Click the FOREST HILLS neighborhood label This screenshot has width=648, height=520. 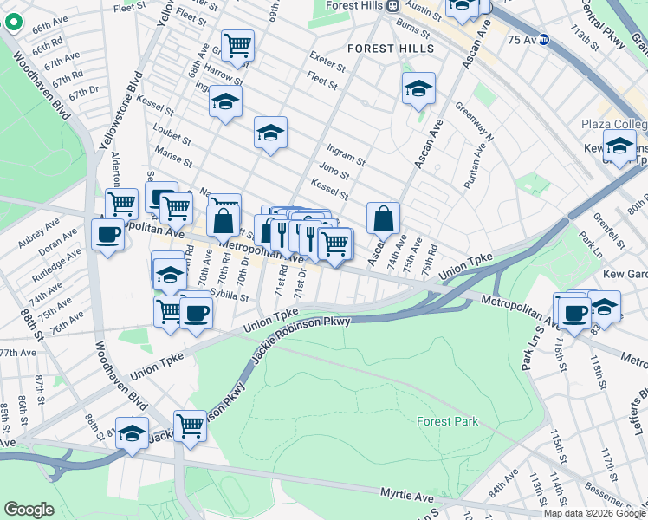(391, 49)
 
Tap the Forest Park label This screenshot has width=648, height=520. (447, 422)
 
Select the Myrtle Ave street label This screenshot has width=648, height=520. (407, 495)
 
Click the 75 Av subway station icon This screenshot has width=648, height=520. (544, 39)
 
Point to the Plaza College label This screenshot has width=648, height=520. (615, 125)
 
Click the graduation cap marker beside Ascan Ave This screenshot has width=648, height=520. (418, 88)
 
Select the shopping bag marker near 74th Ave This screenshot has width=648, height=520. (383, 218)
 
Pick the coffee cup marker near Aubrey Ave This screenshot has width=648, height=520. (107, 234)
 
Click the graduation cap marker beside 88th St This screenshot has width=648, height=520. (132, 433)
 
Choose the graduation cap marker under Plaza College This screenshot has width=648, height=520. (619, 146)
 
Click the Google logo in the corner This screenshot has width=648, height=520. (29, 510)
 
